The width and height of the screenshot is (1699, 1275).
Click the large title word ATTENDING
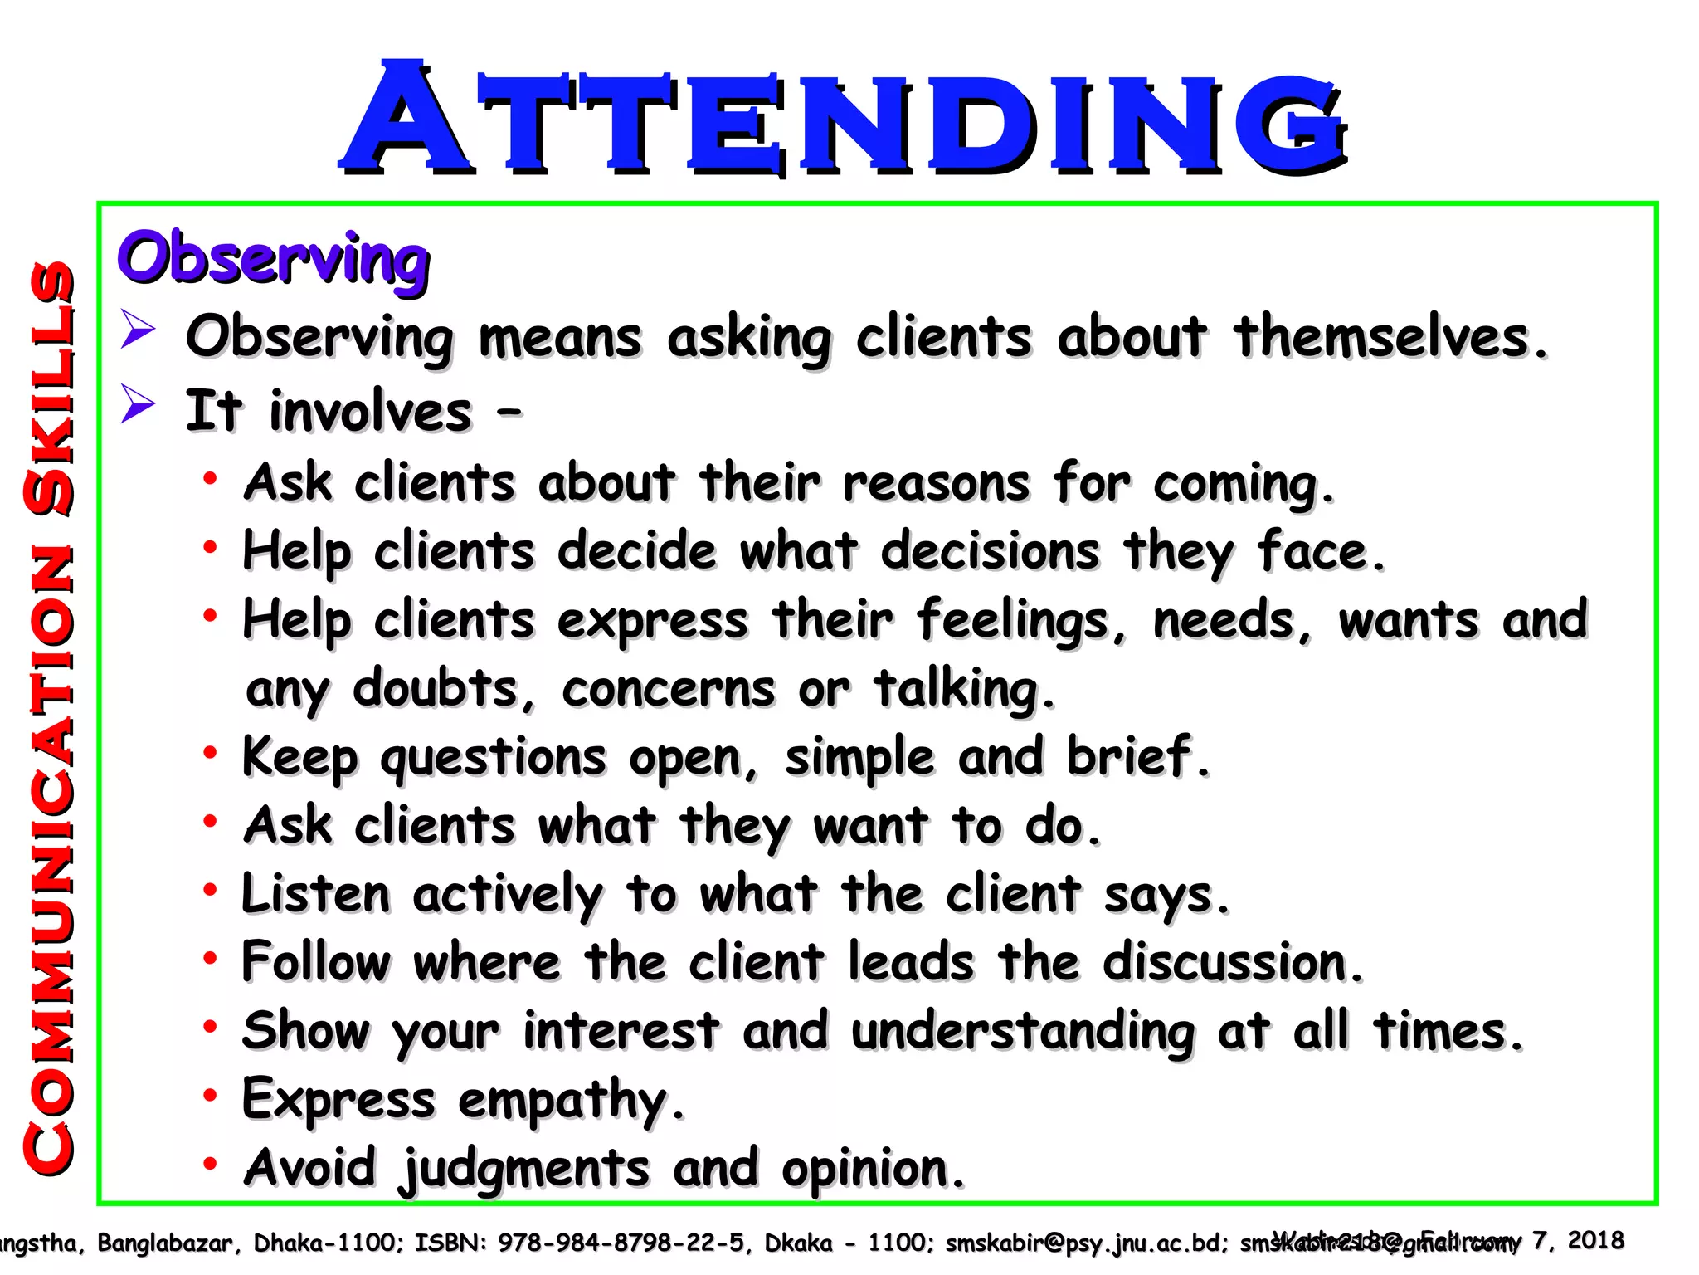[845, 119]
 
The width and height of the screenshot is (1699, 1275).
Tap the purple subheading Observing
[274, 258]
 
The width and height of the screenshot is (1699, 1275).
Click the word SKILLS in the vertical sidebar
[51, 387]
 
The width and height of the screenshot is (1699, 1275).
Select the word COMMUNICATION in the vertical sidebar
[51, 859]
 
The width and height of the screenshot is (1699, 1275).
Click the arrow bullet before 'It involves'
[138, 406]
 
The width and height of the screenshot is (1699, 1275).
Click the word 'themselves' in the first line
[1390, 338]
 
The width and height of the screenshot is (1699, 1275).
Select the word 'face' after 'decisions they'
[1320, 552]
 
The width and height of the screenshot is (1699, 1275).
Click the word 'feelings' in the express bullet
[1021, 622]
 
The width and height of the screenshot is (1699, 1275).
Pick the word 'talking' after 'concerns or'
[962, 690]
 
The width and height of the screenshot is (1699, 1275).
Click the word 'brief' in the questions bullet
[1137, 757]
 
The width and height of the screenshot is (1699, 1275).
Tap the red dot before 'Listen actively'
[211, 890]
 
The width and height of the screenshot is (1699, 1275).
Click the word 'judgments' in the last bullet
[526, 1170]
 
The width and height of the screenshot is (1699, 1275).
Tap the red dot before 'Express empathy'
[211, 1096]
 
